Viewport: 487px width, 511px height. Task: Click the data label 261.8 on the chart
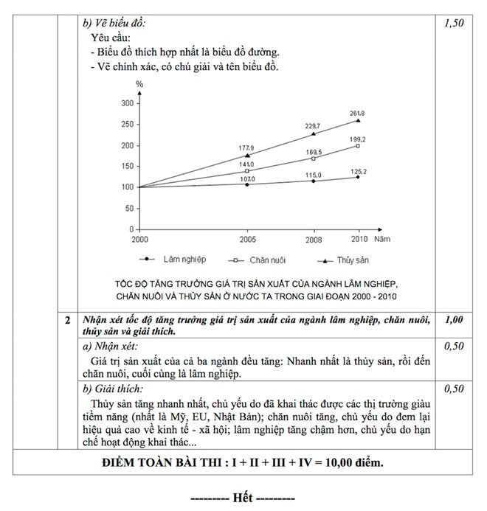(357, 112)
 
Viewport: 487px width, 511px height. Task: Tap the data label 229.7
(313, 126)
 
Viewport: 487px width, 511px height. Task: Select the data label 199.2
(358, 139)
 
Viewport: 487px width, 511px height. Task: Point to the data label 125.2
(358, 170)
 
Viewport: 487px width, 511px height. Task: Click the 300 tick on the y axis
(127, 102)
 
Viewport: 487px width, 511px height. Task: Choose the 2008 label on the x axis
(313, 240)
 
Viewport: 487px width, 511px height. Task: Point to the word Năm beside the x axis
(382, 239)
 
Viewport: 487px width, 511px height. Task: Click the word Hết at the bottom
(243, 497)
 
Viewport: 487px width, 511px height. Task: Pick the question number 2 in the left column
(67, 320)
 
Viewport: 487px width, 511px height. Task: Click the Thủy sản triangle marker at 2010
(358, 120)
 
